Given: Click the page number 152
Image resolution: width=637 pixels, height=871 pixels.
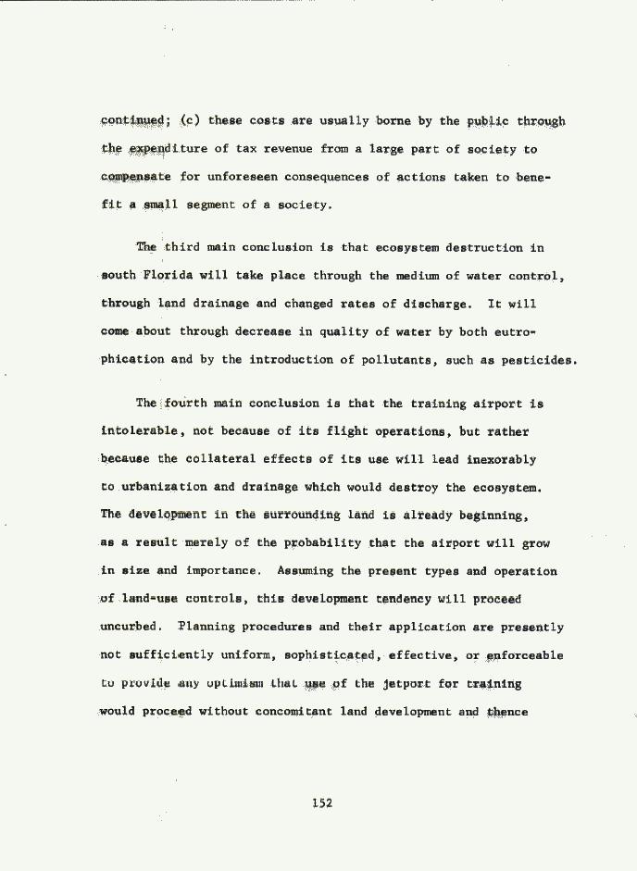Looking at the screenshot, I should tap(321, 803).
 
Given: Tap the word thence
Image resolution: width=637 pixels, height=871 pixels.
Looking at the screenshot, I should tap(507, 712).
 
